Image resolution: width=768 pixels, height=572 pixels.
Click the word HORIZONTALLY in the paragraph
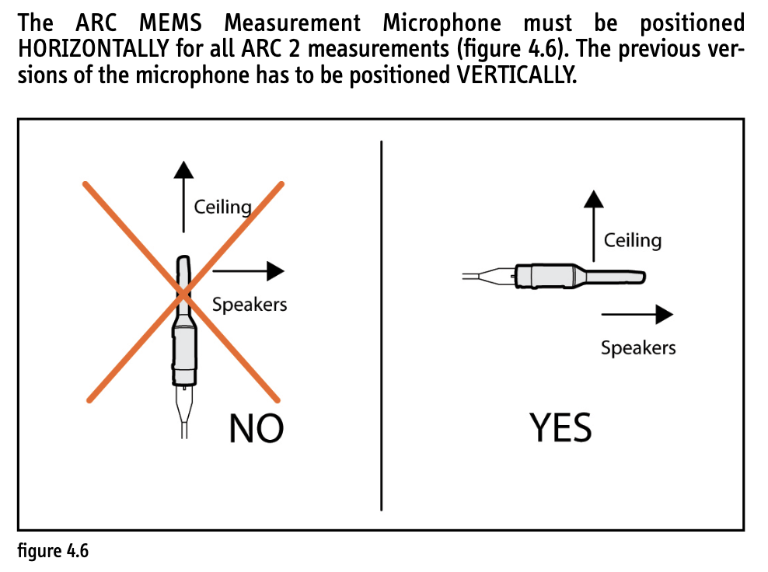click(x=93, y=49)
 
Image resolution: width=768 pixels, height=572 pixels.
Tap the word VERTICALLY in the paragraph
click(x=516, y=75)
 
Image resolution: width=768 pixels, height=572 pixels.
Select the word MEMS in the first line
click(x=170, y=23)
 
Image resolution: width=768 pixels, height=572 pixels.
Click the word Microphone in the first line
click(x=442, y=23)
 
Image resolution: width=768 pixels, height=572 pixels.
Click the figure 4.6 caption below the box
click(x=53, y=550)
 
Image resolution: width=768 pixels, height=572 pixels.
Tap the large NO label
click(x=257, y=429)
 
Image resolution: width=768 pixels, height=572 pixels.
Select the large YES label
click(x=560, y=427)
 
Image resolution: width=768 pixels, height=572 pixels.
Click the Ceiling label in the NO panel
click(x=223, y=208)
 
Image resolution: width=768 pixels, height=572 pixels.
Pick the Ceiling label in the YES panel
click(x=632, y=240)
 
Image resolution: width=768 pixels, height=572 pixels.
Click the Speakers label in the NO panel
click(x=250, y=305)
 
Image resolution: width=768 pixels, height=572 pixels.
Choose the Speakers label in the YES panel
click(x=638, y=347)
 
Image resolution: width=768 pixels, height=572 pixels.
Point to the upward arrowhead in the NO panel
click(x=183, y=169)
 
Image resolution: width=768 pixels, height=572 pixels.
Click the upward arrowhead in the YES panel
click(x=594, y=199)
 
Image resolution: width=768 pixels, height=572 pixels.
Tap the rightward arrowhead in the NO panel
click(x=275, y=270)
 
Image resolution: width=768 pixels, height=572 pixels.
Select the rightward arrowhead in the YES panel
click(x=664, y=315)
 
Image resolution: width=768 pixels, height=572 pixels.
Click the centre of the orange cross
click(x=183, y=294)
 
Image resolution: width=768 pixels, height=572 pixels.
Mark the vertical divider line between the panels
click(x=381, y=326)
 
